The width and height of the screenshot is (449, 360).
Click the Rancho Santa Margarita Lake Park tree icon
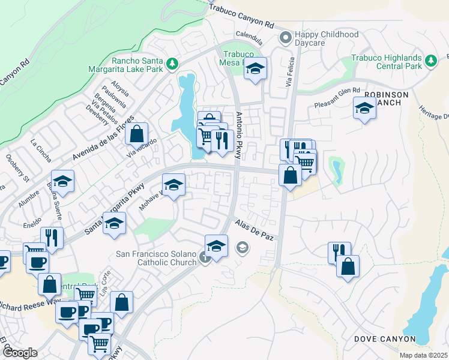(172, 63)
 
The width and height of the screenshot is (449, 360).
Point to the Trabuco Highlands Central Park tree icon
(430, 61)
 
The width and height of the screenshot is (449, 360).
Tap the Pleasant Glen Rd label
(337, 98)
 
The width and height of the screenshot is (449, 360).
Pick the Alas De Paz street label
(255, 230)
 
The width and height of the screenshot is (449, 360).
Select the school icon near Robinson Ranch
(364, 109)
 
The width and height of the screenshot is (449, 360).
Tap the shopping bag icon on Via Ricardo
(137, 133)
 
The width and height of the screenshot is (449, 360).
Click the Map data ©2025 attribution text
(423, 355)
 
